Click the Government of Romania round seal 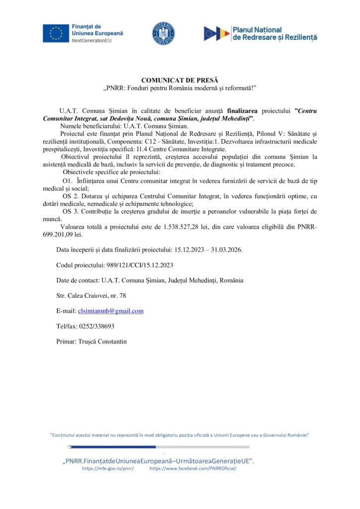pyautogui.click(x=163, y=33)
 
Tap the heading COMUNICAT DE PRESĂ pyautogui.click(x=180, y=80)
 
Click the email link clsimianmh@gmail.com pyautogui.click(x=111, y=311)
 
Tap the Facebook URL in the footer pyautogui.click(x=193, y=469)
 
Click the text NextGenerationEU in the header pyautogui.click(x=93, y=41)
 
